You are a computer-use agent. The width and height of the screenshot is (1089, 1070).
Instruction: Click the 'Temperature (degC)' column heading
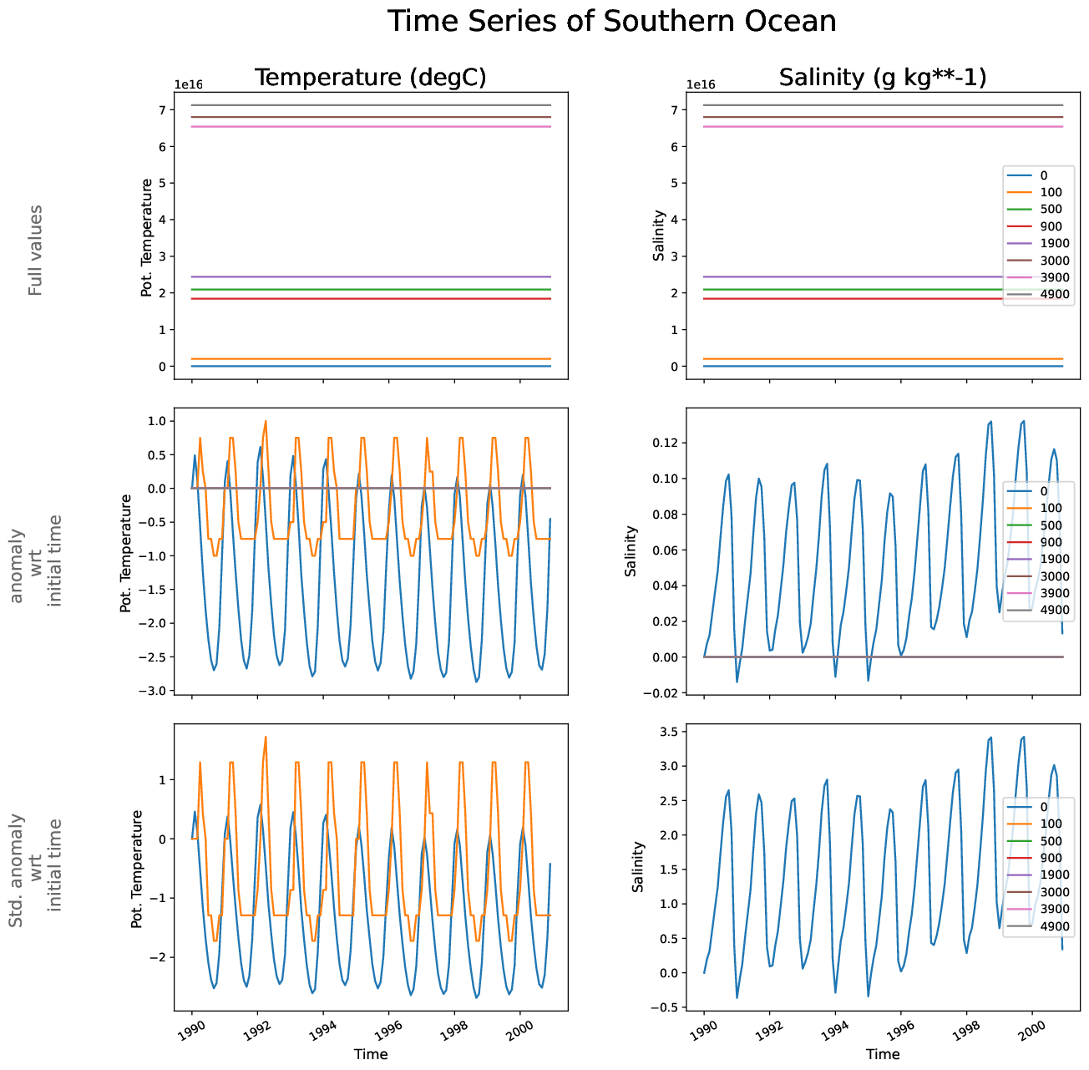[370, 78]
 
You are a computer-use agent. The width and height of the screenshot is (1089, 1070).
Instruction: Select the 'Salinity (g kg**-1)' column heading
[883, 78]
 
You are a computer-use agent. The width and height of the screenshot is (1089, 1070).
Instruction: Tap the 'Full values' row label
[35, 250]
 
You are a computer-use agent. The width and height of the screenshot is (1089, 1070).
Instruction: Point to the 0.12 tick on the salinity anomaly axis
[666, 443]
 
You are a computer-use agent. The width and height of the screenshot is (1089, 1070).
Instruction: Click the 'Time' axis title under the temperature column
[371, 1054]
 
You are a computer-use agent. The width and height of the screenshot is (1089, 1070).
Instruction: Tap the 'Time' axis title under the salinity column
[883, 1054]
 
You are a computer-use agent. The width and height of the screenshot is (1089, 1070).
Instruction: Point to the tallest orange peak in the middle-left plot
[266, 422]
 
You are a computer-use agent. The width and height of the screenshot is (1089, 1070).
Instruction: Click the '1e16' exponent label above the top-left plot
[188, 84]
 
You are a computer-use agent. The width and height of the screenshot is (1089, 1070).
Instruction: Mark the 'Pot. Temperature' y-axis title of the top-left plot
[147, 237]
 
